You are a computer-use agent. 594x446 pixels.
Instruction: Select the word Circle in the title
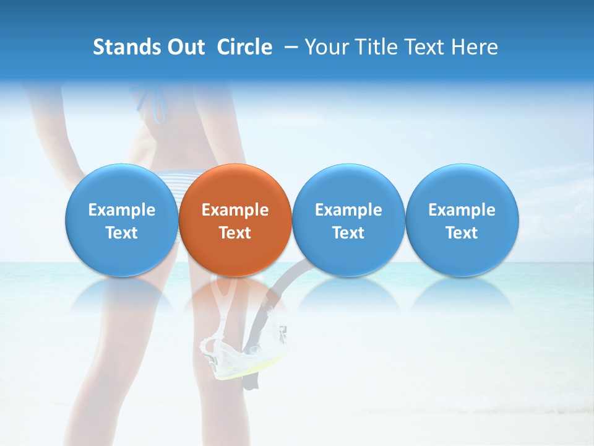pyautogui.click(x=244, y=47)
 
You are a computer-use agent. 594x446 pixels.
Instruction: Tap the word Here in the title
pyautogui.click(x=475, y=47)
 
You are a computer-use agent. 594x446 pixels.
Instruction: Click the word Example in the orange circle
pyautogui.click(x=235, y=210)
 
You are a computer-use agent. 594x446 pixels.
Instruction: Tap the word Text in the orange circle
pyautogui.click(x=235, y=233)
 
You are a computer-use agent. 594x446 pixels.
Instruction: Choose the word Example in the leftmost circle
pyautogui.click(x=122, y=210)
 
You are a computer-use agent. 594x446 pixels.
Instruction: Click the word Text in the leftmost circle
pyautogui.click(x=122, y=233)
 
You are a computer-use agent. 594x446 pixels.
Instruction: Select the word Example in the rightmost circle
pyautogui.click(x=462, y=210)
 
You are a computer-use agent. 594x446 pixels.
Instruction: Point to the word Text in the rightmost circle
pyautogui.click(x=462, y=233)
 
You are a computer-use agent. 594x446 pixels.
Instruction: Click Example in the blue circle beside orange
pyautogui.click(x=348, y=210)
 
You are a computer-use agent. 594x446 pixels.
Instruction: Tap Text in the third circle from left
pyautogui.click(x=348, y=233)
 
